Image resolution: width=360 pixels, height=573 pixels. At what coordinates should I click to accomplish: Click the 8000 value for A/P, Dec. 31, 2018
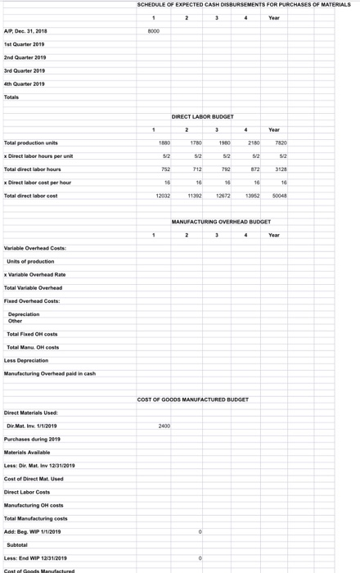click(x=153, y=31)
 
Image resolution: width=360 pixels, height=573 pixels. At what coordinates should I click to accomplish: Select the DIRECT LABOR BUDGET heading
click(x=202, y=117)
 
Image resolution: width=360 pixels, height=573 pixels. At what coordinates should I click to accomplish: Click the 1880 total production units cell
click(x=164, y=142)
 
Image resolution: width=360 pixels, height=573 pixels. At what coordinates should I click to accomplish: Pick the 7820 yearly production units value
click(x=281, y=142)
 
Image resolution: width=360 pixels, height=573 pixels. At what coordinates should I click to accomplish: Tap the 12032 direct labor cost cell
click(x=163, y=196)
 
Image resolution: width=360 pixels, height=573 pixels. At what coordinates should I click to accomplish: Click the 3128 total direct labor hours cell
click(x=281, y=169)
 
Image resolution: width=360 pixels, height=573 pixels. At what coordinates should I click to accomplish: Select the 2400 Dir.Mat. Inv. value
click(x=164, y=426)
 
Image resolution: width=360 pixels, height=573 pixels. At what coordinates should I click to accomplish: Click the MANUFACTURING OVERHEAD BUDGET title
click(x=221, y=222)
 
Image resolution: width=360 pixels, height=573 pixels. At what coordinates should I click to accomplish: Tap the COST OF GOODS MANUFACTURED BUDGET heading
click(x=193, y=399)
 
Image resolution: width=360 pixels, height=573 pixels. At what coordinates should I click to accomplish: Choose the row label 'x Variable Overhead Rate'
click(x=35, y=274)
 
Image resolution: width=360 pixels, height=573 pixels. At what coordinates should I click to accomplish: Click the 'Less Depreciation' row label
click(x=26, y=360)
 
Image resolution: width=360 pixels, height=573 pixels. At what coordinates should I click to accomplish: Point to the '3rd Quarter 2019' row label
click(x=25, y=70)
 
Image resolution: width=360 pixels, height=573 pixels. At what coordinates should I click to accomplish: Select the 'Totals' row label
click(x=11, y=97)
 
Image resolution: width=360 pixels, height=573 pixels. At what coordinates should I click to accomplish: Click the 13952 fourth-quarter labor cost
click(x=252, y=196)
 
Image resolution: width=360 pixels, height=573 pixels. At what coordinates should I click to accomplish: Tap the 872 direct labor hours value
click(x=254, y=169)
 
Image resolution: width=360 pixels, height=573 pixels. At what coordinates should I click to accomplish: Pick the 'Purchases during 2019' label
click(x=32, y=439)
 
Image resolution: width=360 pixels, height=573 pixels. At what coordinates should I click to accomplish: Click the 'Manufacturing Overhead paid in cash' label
click(x=50, y=373)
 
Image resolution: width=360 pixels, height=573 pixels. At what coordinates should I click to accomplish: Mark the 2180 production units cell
click(x=252, y=142)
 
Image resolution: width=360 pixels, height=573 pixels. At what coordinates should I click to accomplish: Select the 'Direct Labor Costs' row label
click(x=27, y=492)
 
